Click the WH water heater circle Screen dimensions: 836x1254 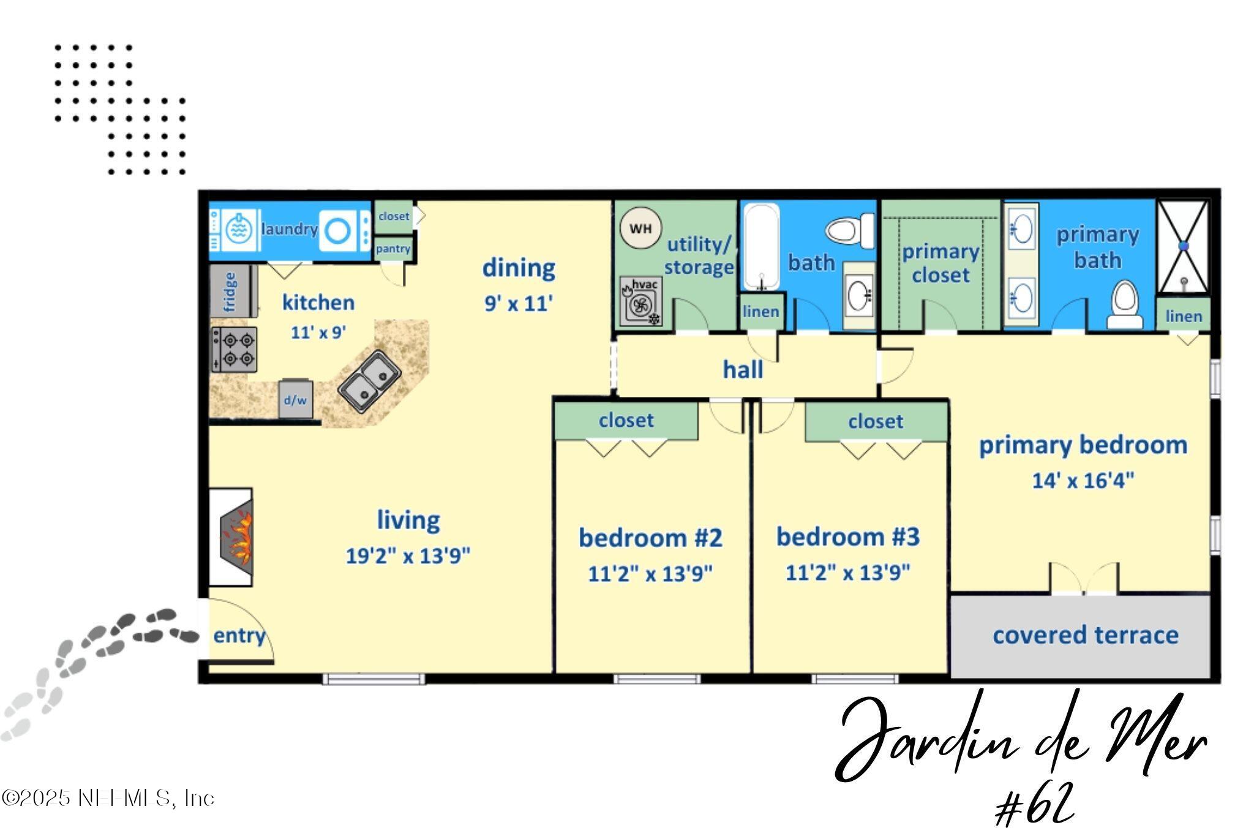[640, 228]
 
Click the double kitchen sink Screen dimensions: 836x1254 [370, 382]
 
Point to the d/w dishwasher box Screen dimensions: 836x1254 [295, 399]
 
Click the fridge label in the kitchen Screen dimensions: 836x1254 [230, 292]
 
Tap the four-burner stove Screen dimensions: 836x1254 [235, 350]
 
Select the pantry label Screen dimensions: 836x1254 [393, 249]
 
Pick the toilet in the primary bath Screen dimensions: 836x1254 [1124, 304]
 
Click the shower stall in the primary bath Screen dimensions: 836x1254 [1183, 246]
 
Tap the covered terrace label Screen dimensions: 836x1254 [1085, 635]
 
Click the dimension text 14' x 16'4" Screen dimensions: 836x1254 [1083, 480]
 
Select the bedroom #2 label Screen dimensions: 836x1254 [650, 538]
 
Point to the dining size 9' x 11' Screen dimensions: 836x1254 [519, 303]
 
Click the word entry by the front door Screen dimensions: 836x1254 [239, 636]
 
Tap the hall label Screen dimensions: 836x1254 [743, 369]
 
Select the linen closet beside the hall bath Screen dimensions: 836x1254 [761, 312]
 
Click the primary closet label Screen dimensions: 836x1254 [940, 263]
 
